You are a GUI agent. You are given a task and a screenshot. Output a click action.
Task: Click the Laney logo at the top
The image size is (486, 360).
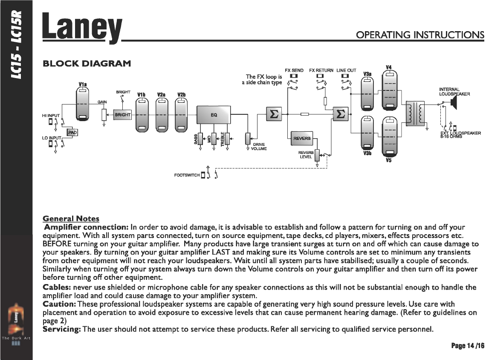(x=82, y=28)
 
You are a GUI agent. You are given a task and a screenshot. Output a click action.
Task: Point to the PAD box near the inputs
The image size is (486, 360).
(x=72, y=133)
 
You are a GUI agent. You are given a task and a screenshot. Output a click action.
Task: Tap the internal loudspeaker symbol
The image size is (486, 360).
(x=453, y=103)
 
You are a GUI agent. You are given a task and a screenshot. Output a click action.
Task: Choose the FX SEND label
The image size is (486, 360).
(x=294, y=70)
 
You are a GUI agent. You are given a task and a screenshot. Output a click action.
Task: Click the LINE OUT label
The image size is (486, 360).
(x=346, y=70)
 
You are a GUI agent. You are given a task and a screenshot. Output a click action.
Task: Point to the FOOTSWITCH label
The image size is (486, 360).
(x=187, y=175)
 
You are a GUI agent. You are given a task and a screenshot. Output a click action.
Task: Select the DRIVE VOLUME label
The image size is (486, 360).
(x=258, y=147)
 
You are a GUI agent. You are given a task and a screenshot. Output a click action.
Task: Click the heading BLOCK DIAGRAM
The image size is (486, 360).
(x=86, y=64)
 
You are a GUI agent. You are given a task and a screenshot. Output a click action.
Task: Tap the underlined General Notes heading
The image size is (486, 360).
(x=71, y=219)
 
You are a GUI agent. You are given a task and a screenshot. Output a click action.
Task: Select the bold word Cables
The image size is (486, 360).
(x=58, y=287)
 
